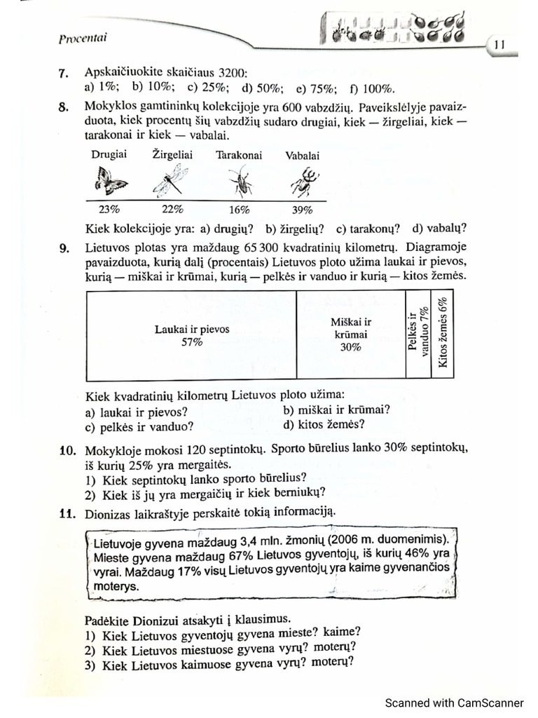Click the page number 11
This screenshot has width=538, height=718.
pyautogui.click(x=499, y=45)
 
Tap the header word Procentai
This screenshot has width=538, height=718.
pyautogui.click(x=83, y=39)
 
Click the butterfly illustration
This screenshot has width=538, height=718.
pyautogui.click(x=111, y=183)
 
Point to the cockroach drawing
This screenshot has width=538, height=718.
pyautogui.click(x=239, y=182)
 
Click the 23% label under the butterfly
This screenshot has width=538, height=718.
pyautogui.click(x=109, y=208)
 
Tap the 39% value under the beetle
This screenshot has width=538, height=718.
pyautogui.click(x=302, y=209)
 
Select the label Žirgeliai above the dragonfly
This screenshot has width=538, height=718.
pyautogui.click(x=172, y=154)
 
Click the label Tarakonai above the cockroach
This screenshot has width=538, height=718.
pyautogui.click(x=239, y=156)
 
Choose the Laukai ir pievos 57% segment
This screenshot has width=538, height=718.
pyautogui.click(x=191, y=335)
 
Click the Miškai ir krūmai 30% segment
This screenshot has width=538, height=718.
pyautogui.click(x=351, y=334)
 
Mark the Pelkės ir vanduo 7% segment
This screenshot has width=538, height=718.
pyautogui.click(x=419, y=334)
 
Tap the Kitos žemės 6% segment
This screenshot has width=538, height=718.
pyautogui.click(x=442, y=334)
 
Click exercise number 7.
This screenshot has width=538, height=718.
pyautogui.click(x=64, y=72)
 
